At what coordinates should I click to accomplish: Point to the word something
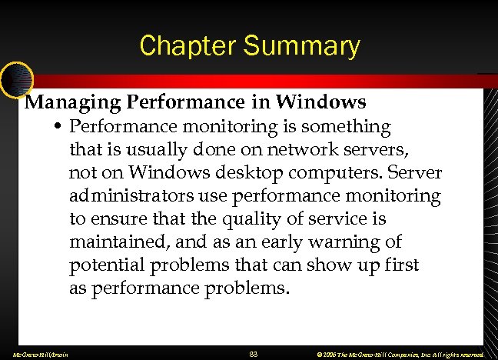click(x=343, y=125)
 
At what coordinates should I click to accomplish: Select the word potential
click(x=104, y=266)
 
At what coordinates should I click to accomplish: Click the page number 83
click(x=254, y=354)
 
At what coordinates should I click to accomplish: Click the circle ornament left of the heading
click(x=15, y=77)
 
